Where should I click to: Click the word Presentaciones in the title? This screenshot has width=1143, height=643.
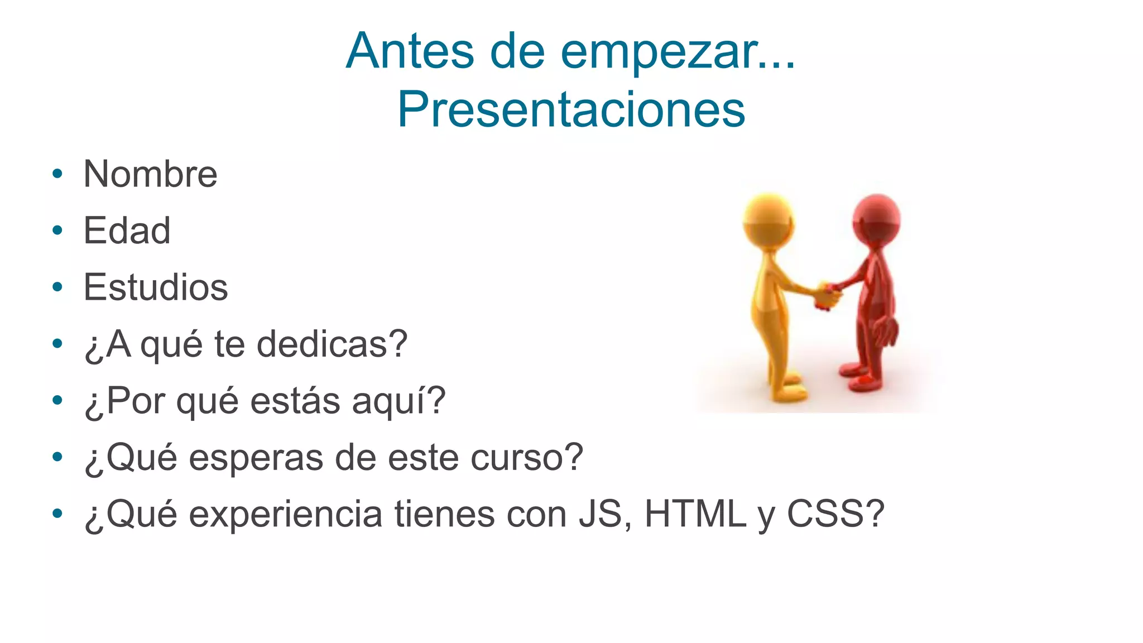pos(571,109)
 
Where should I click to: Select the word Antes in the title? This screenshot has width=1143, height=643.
pos(410,51)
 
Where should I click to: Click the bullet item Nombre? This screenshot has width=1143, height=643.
pos(150,174)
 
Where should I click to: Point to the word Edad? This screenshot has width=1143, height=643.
pos(127,231)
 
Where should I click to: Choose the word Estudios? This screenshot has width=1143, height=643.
pos(156,287)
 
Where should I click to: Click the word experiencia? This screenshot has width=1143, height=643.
pos(285,514)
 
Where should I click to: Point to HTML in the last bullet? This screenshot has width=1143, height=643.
pos(695,514)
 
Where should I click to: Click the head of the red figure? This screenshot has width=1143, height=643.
pos(876,219)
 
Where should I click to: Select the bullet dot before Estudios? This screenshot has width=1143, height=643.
pos(57,287)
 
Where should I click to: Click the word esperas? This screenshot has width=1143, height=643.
pos(256,458)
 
